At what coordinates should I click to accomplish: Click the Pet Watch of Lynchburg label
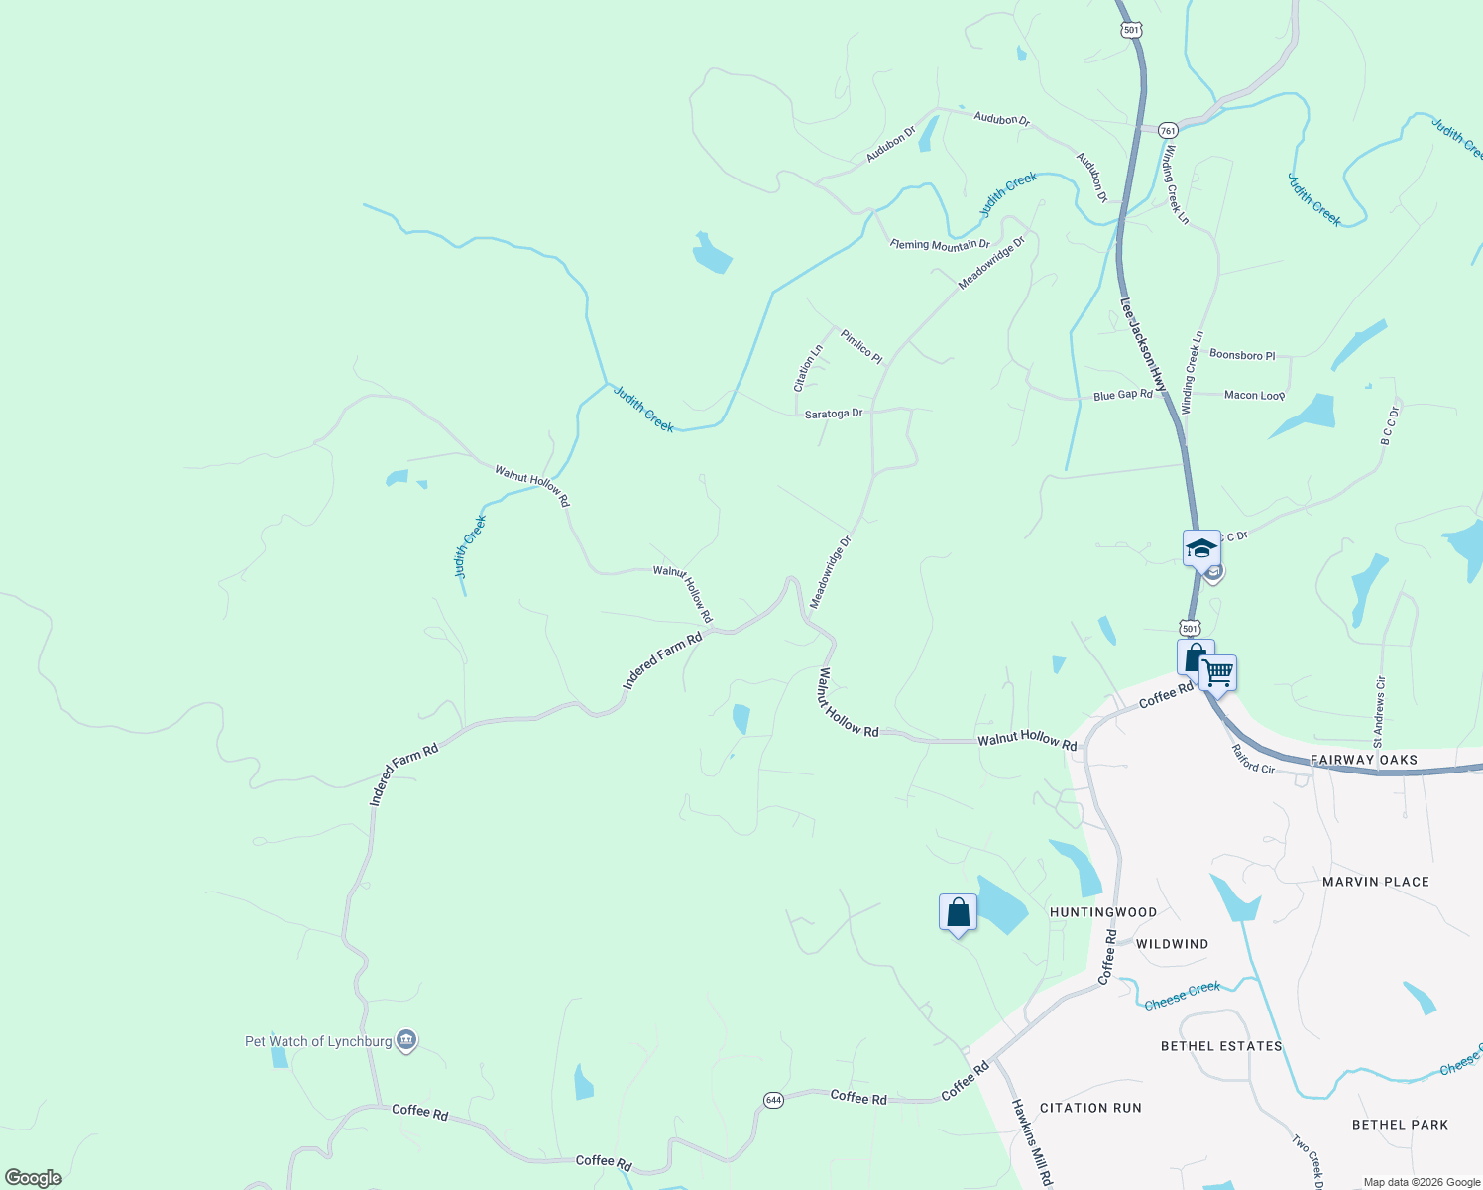click(x=318, y=1041)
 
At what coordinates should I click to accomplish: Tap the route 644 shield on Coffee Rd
click(x=773, y=1100)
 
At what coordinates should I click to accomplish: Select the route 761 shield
click(x=1168, y=130)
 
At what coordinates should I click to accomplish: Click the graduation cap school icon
click(x=1201, y=547)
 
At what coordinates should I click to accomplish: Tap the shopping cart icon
click(x=1217, y=673)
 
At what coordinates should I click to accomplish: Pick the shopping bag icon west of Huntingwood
click(x=958, y=912)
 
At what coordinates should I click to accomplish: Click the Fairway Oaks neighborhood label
click(x=1363, y=760)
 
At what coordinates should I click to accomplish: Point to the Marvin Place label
click(x=1376, y=882)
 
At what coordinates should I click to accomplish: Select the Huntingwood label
click(x=1102, y=912)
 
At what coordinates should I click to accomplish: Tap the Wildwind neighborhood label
click(x=1172, y=944)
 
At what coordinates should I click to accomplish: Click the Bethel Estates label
click(x=1221, y=1046)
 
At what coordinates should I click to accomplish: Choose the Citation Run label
click(x=1090, y=1108)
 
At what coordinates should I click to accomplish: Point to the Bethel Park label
click(x=1400, y=1125)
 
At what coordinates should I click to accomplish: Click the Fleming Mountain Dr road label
click(x=940, y=245)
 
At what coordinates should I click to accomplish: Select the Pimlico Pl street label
click(x=860, y=346)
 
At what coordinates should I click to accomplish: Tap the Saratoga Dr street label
click(x=833, y=414)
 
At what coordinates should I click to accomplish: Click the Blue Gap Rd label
click(x=1122, y=395)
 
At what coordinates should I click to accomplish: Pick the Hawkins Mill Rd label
click(x=1031, y=1142)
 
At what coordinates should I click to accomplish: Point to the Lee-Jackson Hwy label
click(x=1143, y=344)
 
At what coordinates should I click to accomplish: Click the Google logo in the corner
click(x=34, y=1178)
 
